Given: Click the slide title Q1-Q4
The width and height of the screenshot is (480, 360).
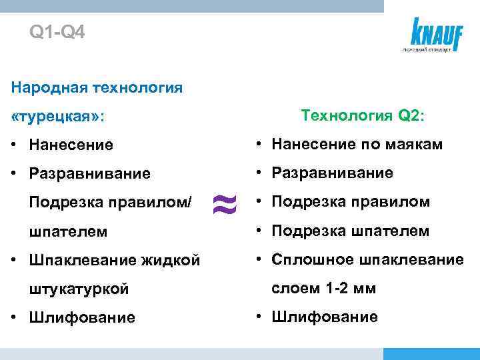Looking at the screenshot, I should point(57,31).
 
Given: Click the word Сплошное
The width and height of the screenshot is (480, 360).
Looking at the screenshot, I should point(300,259).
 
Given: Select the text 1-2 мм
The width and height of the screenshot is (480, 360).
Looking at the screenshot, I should point(350,289).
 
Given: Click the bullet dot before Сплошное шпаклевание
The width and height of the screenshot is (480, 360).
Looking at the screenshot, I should point(255,260).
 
